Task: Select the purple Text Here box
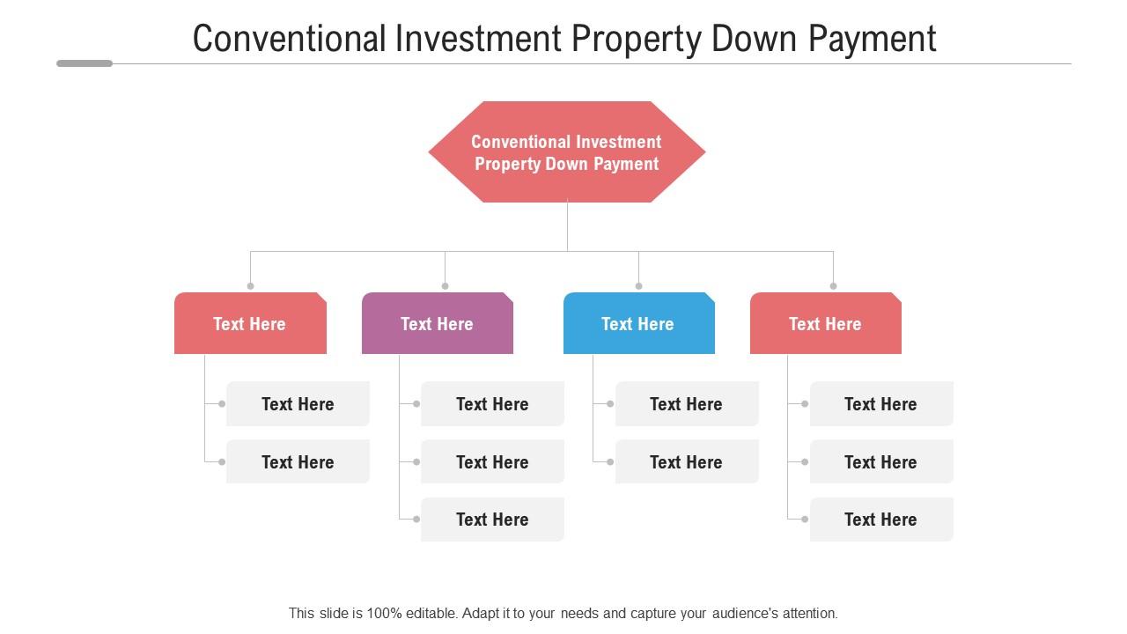(x=437, y=324)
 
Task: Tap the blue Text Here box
(x=638, y=324)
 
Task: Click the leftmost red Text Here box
(x=250, y=324)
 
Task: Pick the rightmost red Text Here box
(x=825, y=324)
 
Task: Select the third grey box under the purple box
(x=492, y=520)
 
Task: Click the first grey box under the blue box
(x=687, y=404)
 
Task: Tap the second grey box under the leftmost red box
(x=298, y=462)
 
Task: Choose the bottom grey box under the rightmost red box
(x=881, y=520)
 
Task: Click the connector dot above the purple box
(x=445, y=286)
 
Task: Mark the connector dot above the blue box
(x=638, y=286)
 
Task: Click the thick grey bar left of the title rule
(x=85, y=63)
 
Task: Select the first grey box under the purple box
(x=492, y=404)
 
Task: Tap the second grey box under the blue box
(x=687, y=462)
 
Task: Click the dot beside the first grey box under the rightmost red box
(x=804, y=404)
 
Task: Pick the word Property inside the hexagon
(x=507, y=164)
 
